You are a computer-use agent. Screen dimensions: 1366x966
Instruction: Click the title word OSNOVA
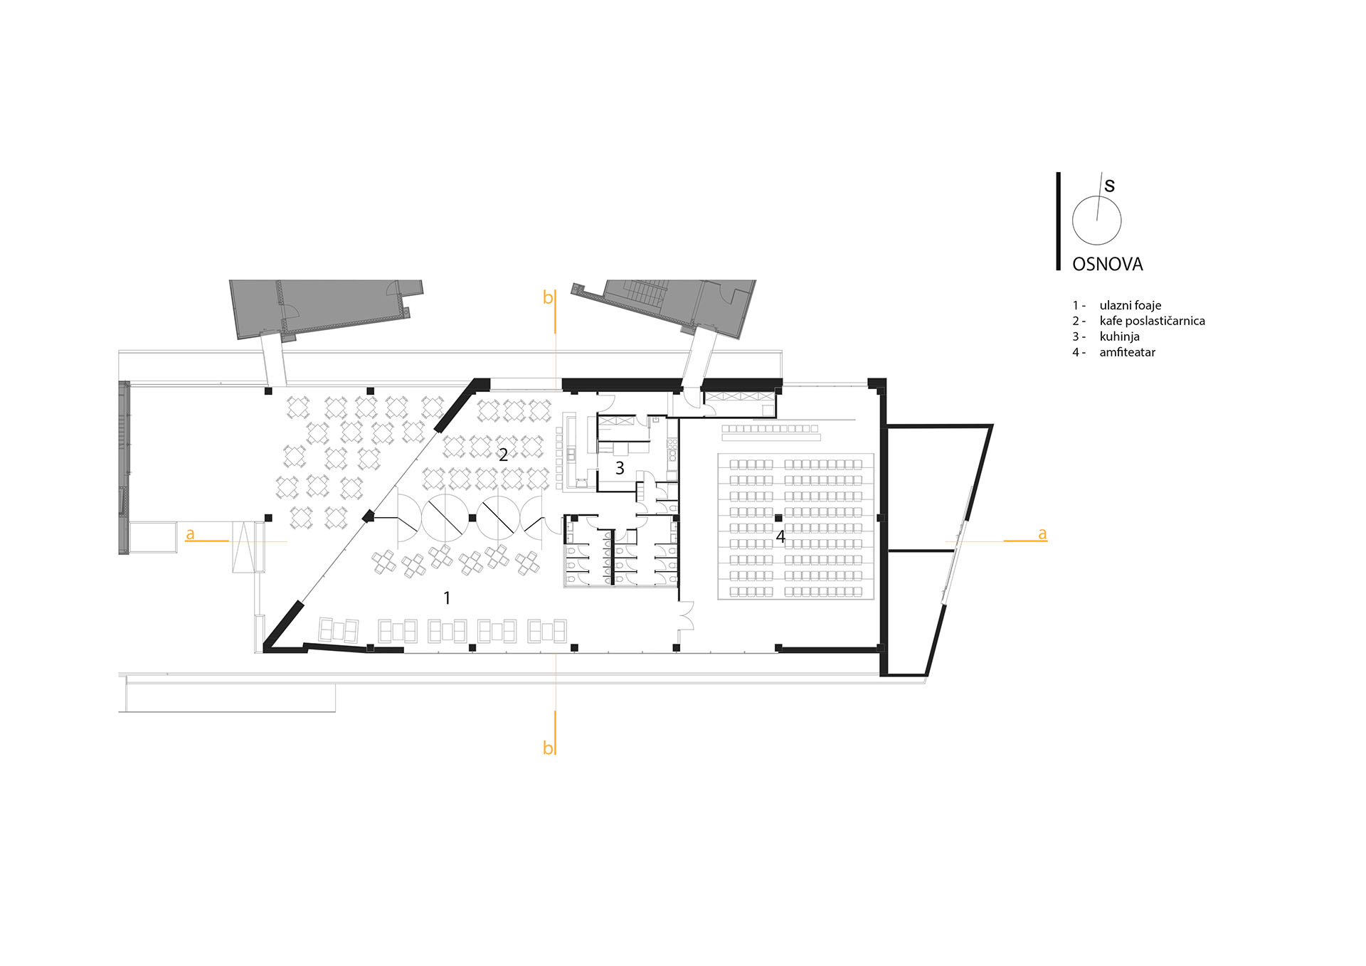(x=1107, y=264)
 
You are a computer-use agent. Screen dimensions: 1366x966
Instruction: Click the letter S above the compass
(x=1109, y=186)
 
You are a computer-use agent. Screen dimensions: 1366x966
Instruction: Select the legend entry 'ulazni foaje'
(x=1131, y=306)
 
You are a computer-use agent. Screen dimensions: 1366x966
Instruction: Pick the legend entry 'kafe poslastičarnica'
(x=1152, y=321)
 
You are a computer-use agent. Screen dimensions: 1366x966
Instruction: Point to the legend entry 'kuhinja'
(x=1119, y=336)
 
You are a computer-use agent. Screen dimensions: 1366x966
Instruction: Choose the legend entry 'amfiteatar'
(x=1127, y=352)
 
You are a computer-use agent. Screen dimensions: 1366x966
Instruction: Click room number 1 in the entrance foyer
(x=447, y=598)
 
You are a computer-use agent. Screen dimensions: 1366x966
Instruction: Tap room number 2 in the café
(x=503, y=455)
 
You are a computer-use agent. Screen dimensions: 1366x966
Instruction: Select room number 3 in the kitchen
(x=620, y=468)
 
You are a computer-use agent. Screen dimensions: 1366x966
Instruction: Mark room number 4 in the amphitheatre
(x=780, y=537)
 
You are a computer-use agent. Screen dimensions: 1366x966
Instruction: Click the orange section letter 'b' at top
(x=547, y=297)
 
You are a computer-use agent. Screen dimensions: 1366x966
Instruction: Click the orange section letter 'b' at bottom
(x=547, y=748)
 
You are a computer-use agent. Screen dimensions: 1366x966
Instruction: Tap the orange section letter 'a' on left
(x=190, y=534)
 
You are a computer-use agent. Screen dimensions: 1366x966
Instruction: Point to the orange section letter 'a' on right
(x=1042, y=534)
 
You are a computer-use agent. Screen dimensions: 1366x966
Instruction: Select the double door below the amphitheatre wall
(x=687, y=615)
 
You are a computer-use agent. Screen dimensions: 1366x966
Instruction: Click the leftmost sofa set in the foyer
(x=339, y=630)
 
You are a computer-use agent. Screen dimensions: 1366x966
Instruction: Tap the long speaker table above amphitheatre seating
(x=771, y=437)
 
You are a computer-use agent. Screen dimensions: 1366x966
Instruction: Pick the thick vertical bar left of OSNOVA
(x=1058, y=221)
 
